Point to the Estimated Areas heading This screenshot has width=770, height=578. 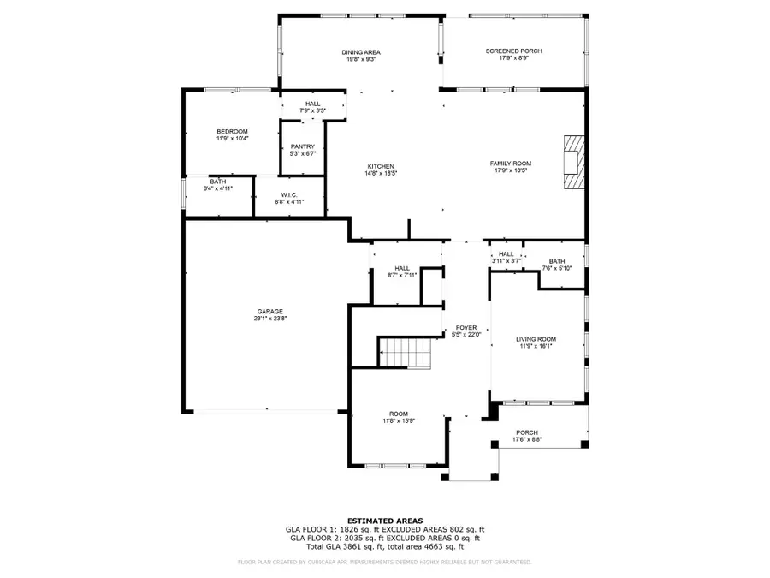click(384, 521)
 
